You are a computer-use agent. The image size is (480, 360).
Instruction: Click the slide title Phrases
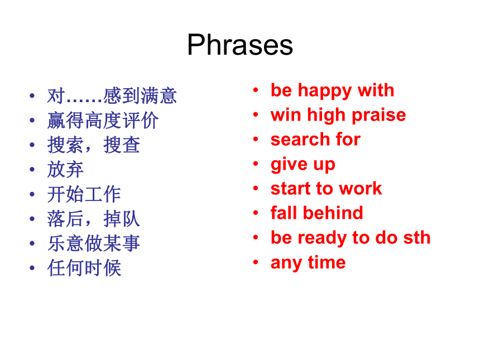point(240,45)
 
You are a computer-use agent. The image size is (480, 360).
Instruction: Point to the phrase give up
point(303,165)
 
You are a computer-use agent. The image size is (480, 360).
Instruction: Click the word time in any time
point(327,262)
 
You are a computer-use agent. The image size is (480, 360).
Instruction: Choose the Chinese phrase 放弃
point(65,170)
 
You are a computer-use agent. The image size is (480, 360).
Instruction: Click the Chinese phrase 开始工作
point(84,194)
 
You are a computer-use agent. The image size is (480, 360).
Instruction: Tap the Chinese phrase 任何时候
point(84,268)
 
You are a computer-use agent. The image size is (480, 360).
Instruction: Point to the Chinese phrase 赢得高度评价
point(103,121)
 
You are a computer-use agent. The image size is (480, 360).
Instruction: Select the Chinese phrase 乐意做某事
point(94,243)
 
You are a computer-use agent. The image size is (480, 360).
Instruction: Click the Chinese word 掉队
point(122,219)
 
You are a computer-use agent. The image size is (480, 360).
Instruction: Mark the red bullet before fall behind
point(256,213)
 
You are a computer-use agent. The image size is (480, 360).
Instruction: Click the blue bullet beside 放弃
point(32,169)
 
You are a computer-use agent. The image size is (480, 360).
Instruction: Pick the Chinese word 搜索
point(65,145)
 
